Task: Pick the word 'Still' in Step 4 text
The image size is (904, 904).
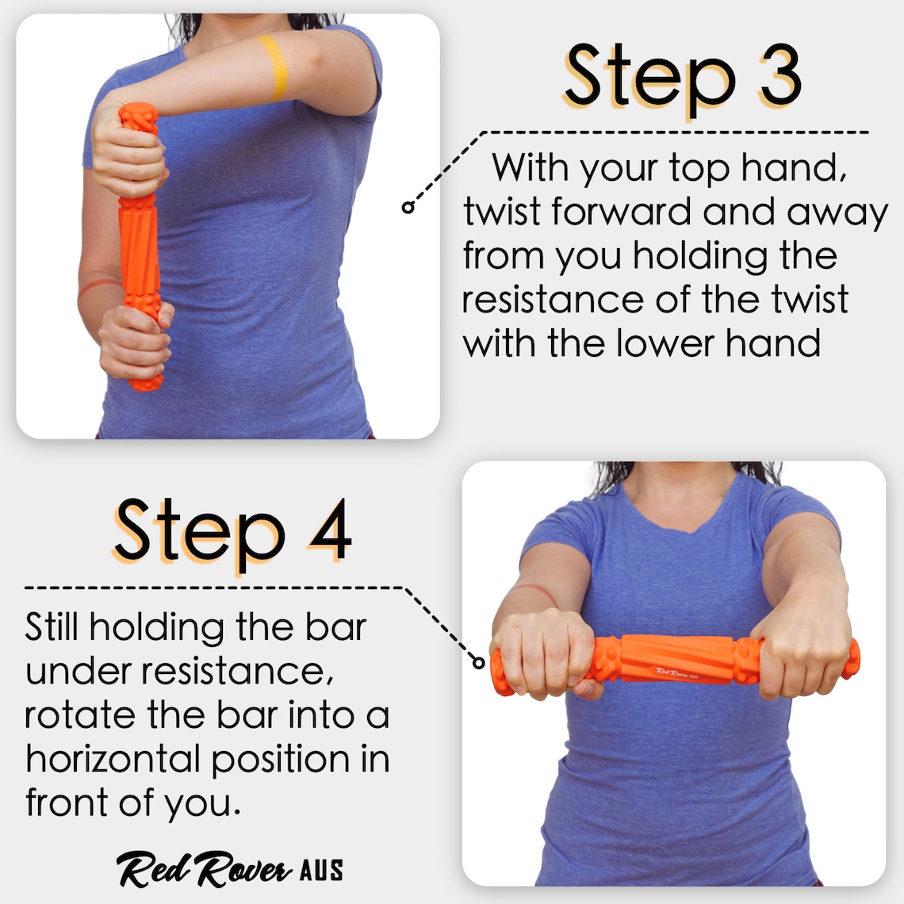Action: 52,627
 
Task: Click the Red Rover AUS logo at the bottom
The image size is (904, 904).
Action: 230,869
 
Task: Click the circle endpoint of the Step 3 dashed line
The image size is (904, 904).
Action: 408,207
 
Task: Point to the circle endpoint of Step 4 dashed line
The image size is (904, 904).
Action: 478,661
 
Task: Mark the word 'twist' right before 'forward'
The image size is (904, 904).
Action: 503,212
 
